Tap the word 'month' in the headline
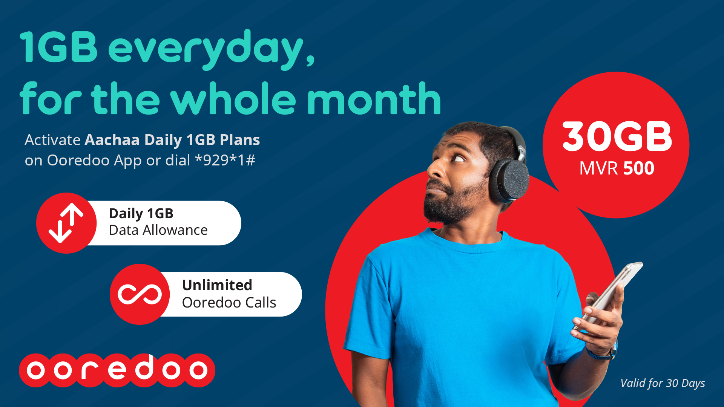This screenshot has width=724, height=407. point(374,99)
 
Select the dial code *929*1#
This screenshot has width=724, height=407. point(225,161)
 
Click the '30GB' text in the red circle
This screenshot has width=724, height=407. point(617,136)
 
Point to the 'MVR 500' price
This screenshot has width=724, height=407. point(617,168)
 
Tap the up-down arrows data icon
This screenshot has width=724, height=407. point(66,223)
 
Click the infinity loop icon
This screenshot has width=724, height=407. point(140,294)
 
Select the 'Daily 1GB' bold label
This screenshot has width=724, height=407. point(141,214)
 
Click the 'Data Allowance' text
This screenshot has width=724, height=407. point(158,230)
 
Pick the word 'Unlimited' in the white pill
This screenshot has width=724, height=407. point(217,285)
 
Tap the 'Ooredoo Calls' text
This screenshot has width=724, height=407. point(229,303)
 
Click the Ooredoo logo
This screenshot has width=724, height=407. point(117,370)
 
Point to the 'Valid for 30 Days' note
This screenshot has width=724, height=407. point(663,383)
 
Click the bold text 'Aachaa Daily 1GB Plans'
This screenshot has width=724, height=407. point(172,140)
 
